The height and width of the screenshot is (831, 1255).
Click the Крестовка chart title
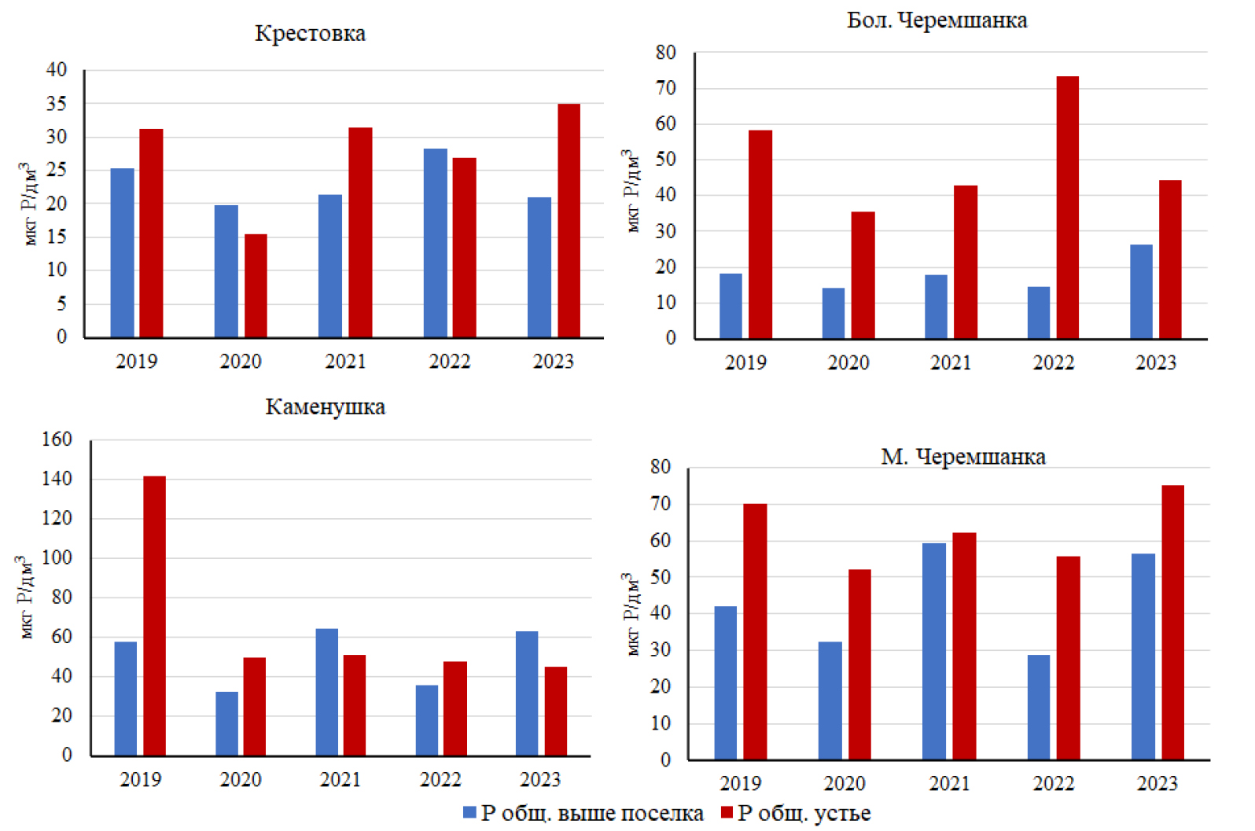pos(310,33)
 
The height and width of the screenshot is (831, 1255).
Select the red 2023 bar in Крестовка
pos(569,220)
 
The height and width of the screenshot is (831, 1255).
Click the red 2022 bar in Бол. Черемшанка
pos(1067,208)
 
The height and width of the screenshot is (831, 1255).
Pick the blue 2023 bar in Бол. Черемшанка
pos(1141,292)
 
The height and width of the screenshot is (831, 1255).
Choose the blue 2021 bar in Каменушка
pos(327,692)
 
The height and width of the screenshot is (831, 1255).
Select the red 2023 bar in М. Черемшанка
pos(1172,623)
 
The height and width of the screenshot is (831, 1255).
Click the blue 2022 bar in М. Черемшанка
pos(1039,707)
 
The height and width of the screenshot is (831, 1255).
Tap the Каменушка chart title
pos(325,406)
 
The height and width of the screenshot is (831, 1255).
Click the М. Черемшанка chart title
pos(963,457)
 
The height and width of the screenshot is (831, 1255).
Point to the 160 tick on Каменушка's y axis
pos(57,439)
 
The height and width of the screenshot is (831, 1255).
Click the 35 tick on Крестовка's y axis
pos(57,104)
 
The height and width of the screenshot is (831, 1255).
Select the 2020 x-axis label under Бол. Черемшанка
pos(848,362)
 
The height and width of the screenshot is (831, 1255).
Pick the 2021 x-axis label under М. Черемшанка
pos(949,783)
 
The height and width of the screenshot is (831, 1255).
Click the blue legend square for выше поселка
pos(469,813)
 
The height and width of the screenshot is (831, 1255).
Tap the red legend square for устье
pos(727,813)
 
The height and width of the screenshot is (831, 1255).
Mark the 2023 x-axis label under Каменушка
pos(540,779)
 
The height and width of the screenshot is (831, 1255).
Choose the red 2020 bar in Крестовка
pos(256,285)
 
